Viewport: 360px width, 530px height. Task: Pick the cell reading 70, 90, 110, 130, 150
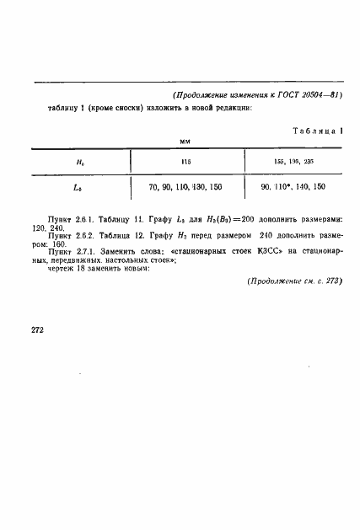[187, 187]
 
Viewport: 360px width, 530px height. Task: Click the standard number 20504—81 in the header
[322, 94]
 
